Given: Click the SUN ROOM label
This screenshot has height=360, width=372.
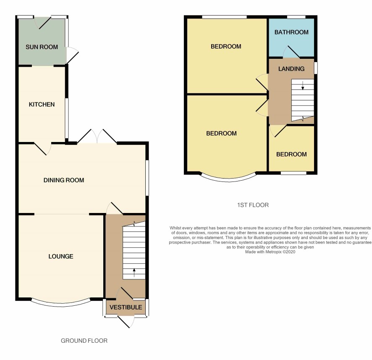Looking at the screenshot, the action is (x=42, y=47).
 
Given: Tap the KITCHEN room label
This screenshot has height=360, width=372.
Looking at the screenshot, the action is (x=42, y=105).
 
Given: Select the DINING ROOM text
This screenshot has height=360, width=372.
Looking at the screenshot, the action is (x=64, y=180).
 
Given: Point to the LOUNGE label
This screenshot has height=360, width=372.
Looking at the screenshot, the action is (x=61, y=256).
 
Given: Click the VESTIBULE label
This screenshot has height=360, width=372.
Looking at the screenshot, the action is (x=126, y=307).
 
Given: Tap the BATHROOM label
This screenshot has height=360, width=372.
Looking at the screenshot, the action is (x=291, y=32).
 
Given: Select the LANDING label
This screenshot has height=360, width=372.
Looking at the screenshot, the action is (x=291, y=69).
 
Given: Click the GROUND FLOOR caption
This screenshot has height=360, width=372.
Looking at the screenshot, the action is (x=84, y=341).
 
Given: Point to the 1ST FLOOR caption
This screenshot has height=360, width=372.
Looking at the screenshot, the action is (x=253, y=205).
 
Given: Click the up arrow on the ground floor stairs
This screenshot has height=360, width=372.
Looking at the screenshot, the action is (x=134, y=273).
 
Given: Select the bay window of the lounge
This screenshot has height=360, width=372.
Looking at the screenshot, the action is (x=61, y=304).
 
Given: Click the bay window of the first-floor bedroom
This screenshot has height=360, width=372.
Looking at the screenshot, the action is (x=229, y=179).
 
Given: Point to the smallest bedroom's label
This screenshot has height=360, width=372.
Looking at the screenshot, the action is (x=291, y=154).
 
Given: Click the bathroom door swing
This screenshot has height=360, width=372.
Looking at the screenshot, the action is (x=291, y=52).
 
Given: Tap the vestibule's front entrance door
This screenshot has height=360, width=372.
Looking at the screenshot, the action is (x=126, y=322).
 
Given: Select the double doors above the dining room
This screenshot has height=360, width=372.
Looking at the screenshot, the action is (x=97, y=136).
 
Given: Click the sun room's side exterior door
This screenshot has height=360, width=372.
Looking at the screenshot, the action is (x=72, y=55).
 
